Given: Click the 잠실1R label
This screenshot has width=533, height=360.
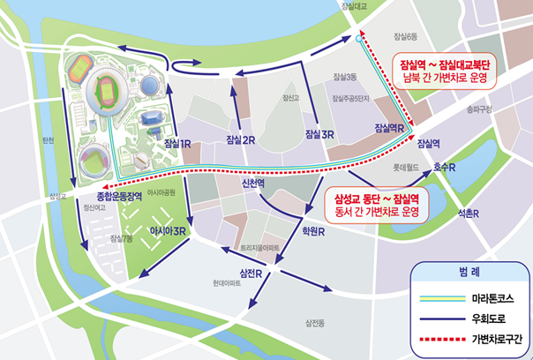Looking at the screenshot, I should (x=178, y=143).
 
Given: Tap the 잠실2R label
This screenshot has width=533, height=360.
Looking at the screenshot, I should (x=241, y=140).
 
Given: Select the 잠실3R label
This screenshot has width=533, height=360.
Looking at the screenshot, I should (x=318, y=135).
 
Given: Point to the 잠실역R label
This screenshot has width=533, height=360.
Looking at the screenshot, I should (x=389, y=128).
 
